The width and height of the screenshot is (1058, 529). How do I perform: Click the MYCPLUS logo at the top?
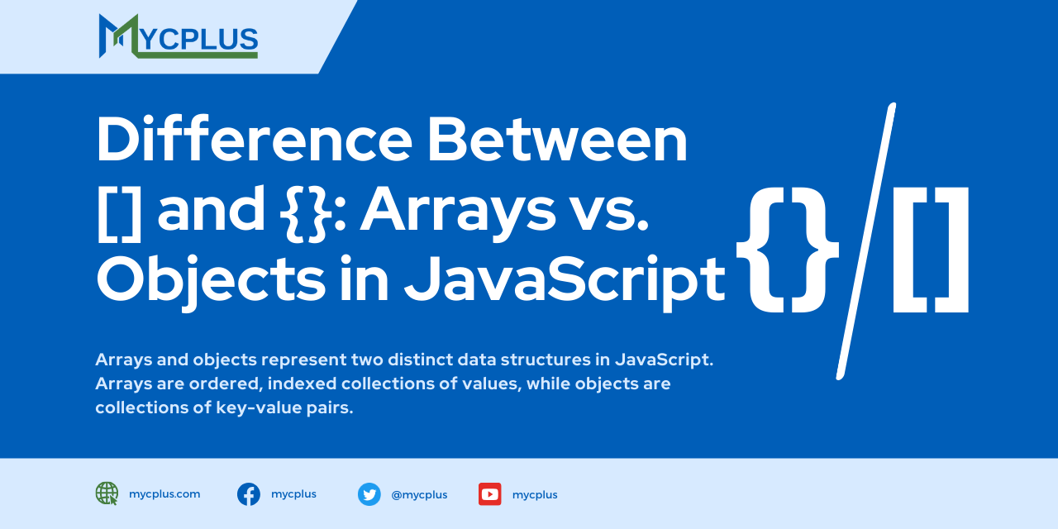(x=178, y=36)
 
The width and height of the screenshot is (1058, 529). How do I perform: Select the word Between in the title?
(x=557, y=139)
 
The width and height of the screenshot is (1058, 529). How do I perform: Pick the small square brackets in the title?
(x=119, y=213)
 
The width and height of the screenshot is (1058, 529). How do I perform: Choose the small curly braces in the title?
(x=306, y=213)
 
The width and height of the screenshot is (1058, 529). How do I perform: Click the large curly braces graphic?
(x=788, y=250)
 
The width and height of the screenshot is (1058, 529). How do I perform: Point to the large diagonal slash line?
(x=866, y=241)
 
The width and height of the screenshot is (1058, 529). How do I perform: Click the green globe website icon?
(x=107, y=493)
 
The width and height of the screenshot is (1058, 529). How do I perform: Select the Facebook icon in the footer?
(x=249, y=494)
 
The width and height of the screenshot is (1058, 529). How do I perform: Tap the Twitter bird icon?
(x=369, y=494)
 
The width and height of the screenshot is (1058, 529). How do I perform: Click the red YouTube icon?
(x=490, y=494)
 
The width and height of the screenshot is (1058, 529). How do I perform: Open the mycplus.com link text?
(x=164, y=494)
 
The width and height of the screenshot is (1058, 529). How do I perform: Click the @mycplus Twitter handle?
(x=419, y=495)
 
